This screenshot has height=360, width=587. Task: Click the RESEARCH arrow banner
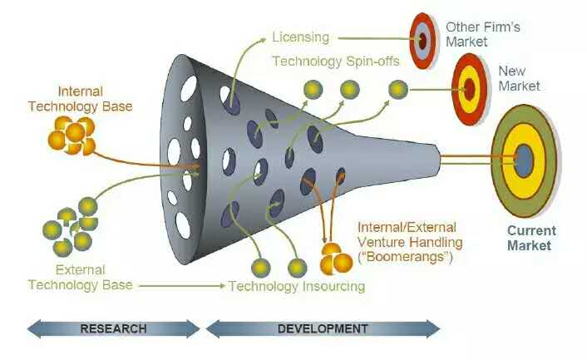point(113,328)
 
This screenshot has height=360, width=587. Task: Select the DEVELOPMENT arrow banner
point(322,328)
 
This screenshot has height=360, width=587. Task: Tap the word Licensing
point(300,37)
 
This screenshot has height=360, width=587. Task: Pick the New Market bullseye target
point(469,86)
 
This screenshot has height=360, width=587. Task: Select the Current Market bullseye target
point(524,160)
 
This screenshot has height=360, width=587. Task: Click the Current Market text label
point(530,238)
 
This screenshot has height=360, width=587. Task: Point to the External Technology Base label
point(80,277)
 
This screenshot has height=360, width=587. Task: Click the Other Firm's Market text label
point(482,34)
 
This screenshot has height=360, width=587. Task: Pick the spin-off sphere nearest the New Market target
point(397,88)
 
